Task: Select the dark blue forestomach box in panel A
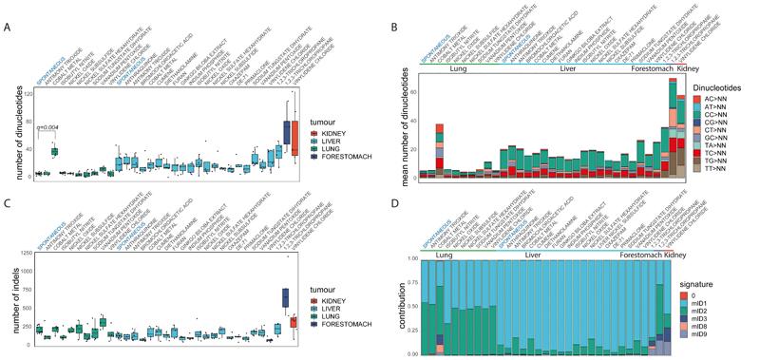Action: click(286, 133)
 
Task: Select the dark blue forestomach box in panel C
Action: click(285, 297)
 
